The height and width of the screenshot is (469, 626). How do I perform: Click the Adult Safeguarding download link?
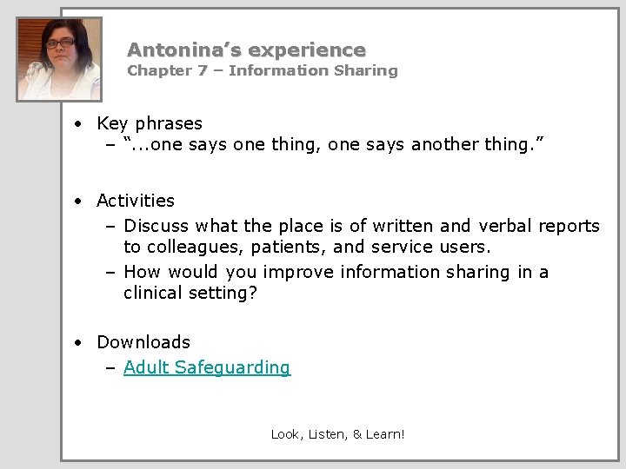pos(207,367)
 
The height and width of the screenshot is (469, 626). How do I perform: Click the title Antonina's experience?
pos(246,50)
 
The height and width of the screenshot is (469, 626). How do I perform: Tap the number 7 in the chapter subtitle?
pos(202,70)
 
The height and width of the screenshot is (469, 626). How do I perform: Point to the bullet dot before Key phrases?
pos(78,124)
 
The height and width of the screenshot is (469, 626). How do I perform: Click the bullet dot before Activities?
pos(78,201)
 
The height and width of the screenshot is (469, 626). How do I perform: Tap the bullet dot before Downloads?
pos(78,343)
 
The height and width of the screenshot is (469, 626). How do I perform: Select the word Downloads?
pos(143,342)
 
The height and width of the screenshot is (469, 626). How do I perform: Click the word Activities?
pos(136,201)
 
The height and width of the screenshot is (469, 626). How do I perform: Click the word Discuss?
pos(156,226)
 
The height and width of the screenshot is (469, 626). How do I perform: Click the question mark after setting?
pos(253,294)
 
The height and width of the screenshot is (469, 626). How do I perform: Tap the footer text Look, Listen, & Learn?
pos(337,433)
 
